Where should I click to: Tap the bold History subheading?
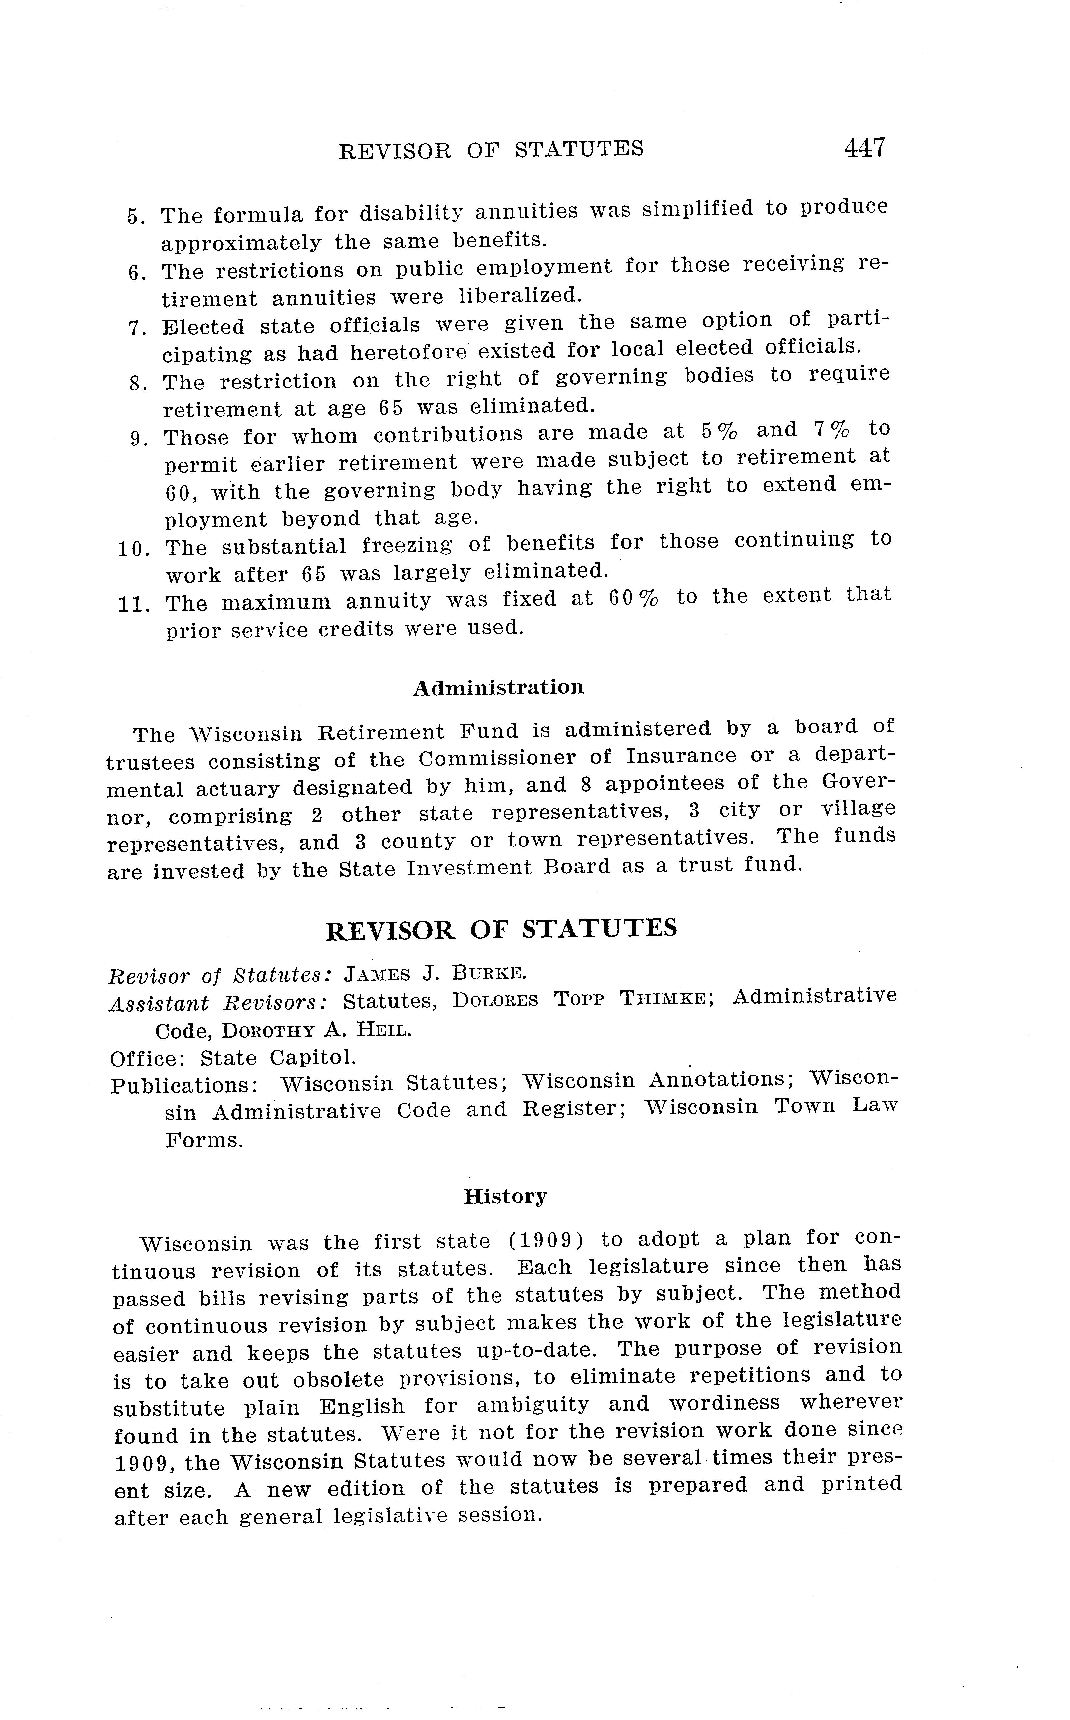[505, 1196]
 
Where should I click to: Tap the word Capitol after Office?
[313, 1057]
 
